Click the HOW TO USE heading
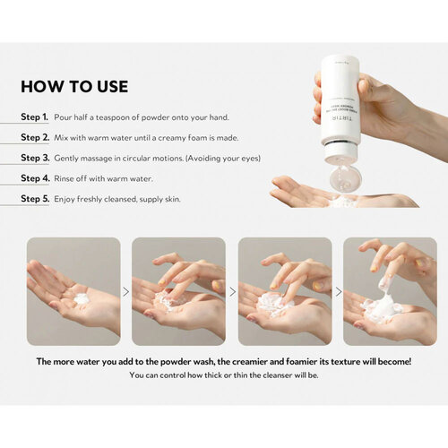point(74,87)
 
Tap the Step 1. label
point(35,117)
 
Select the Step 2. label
point(35,138)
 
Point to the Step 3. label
point(35,158)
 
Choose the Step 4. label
point(35,178)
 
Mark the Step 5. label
point(35,198)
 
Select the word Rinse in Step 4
point(65,178)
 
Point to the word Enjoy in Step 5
point(65,198)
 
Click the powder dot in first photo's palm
point(81,298)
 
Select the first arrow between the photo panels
point(125,291)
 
